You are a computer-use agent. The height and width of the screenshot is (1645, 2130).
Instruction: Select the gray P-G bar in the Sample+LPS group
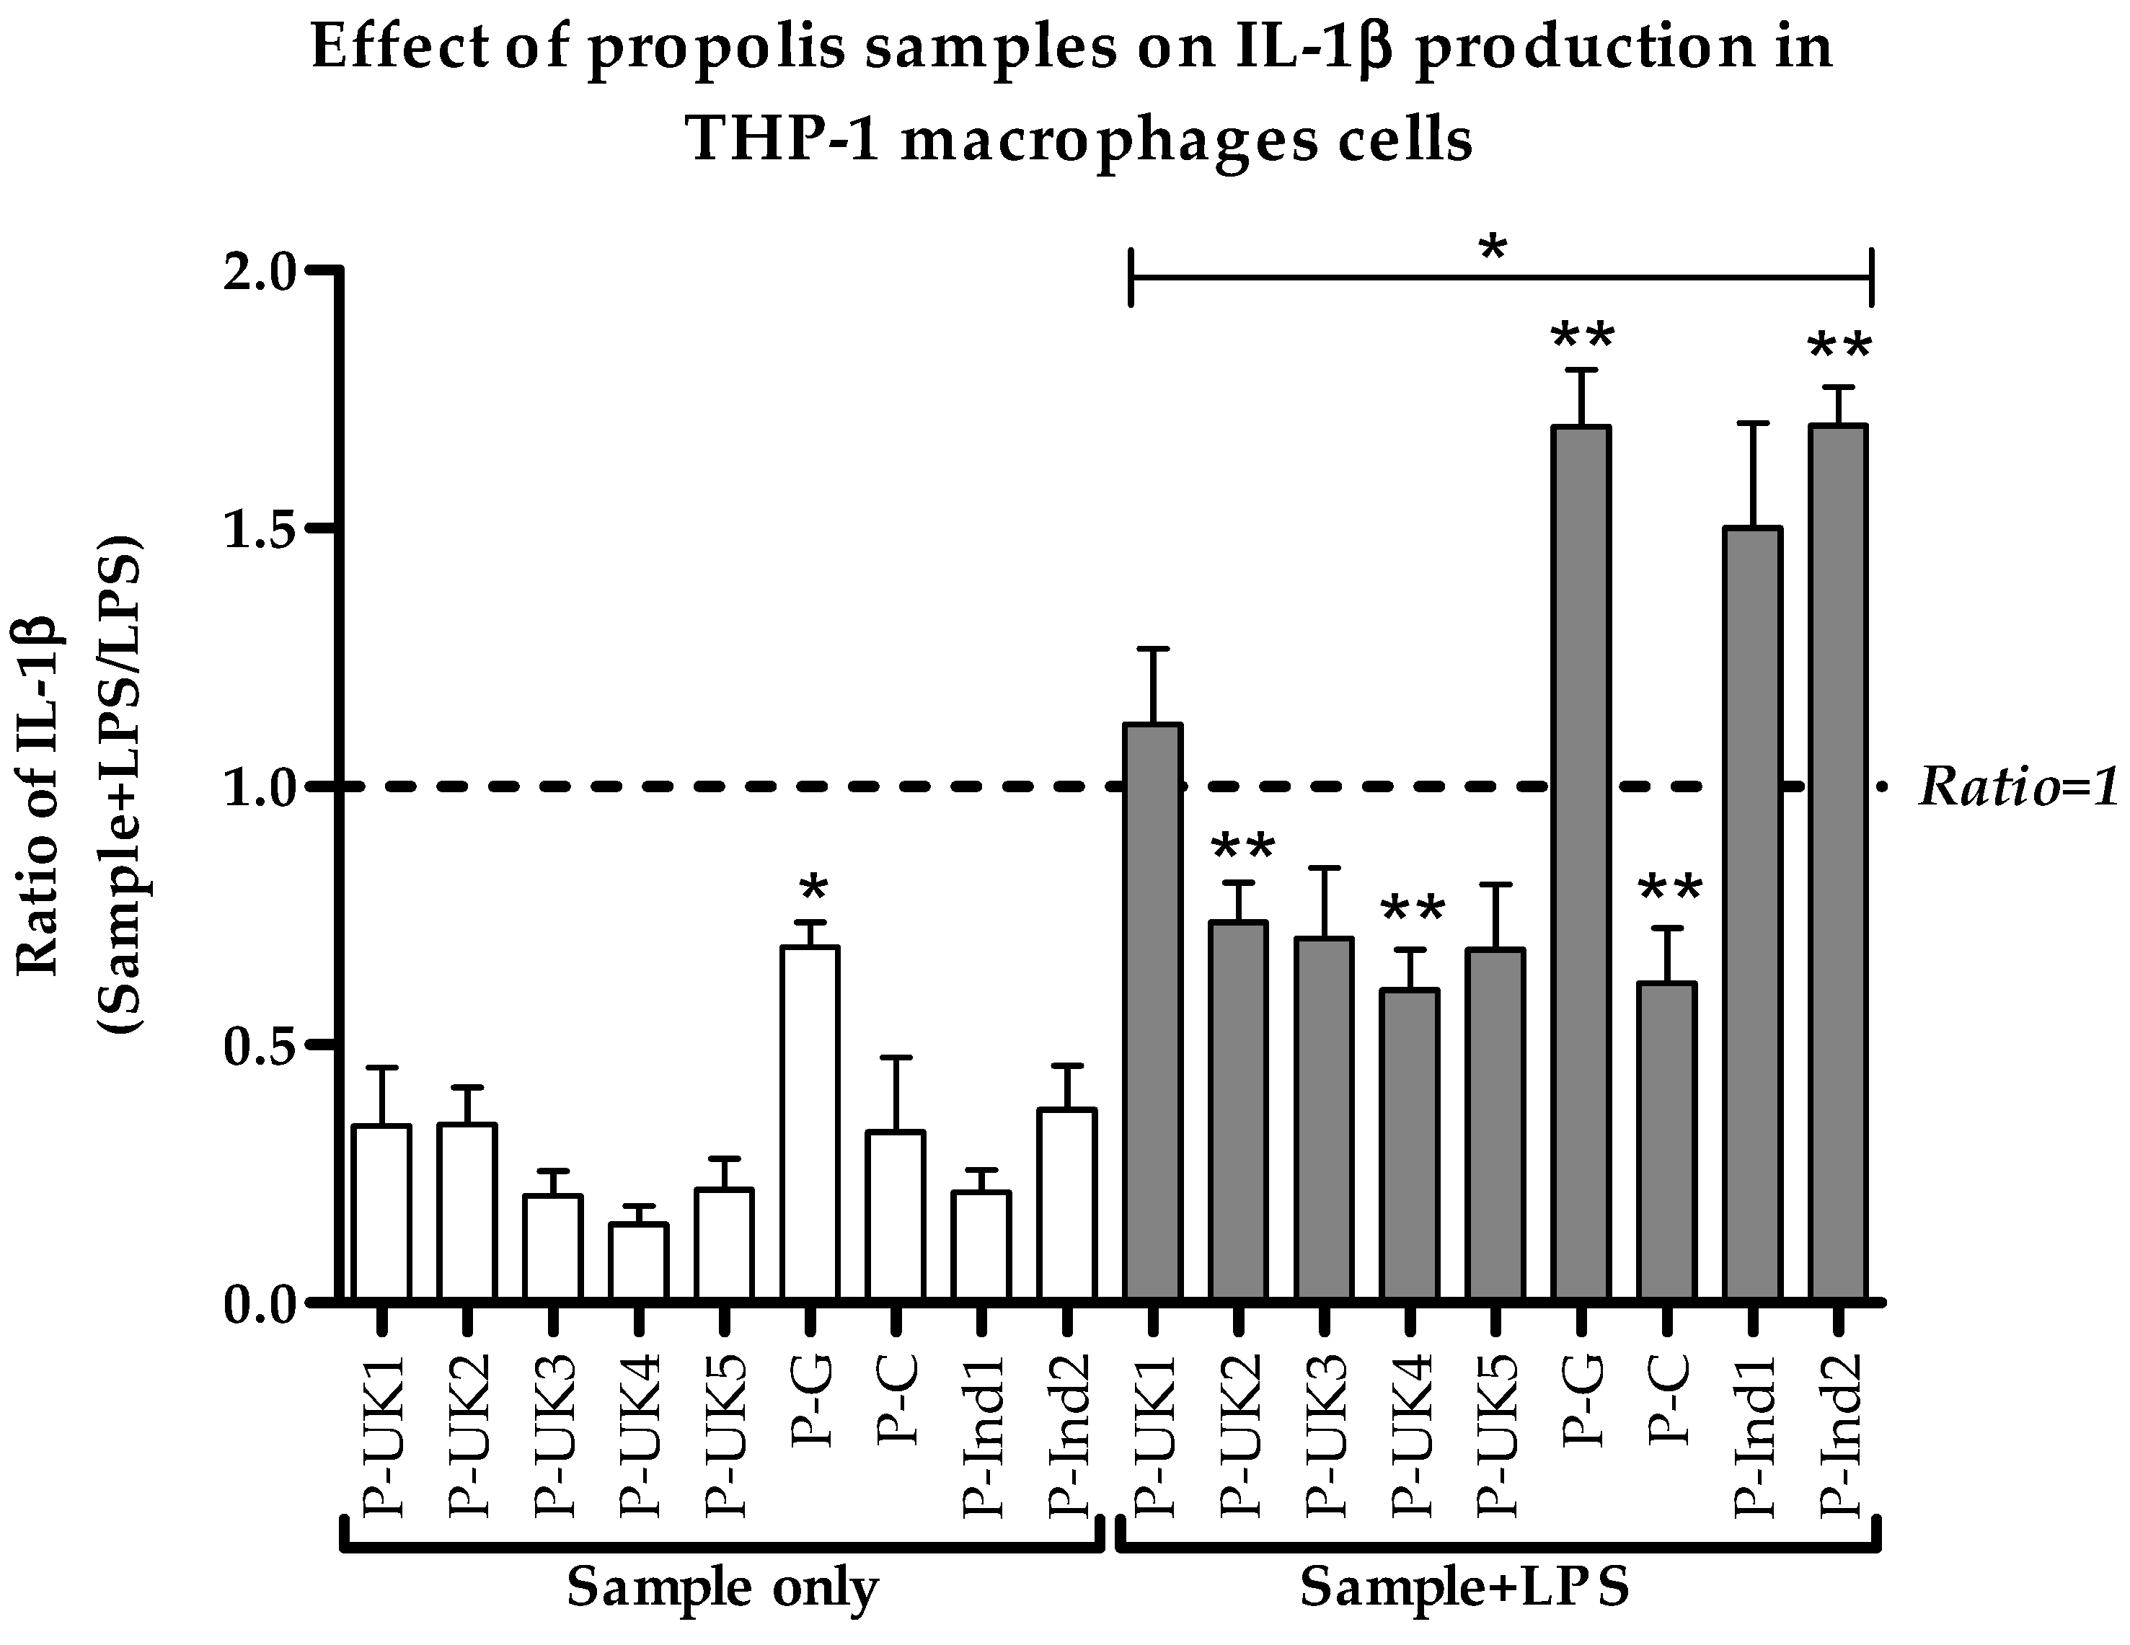[1581, 863]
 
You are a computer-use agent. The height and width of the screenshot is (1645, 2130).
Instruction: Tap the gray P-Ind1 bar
[1753, 913]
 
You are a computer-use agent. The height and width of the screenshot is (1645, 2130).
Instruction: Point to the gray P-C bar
[1667, 1141]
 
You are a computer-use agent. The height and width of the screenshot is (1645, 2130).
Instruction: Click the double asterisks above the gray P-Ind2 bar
[1839, 348]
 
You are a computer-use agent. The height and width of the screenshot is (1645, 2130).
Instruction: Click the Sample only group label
[722, 1587]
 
